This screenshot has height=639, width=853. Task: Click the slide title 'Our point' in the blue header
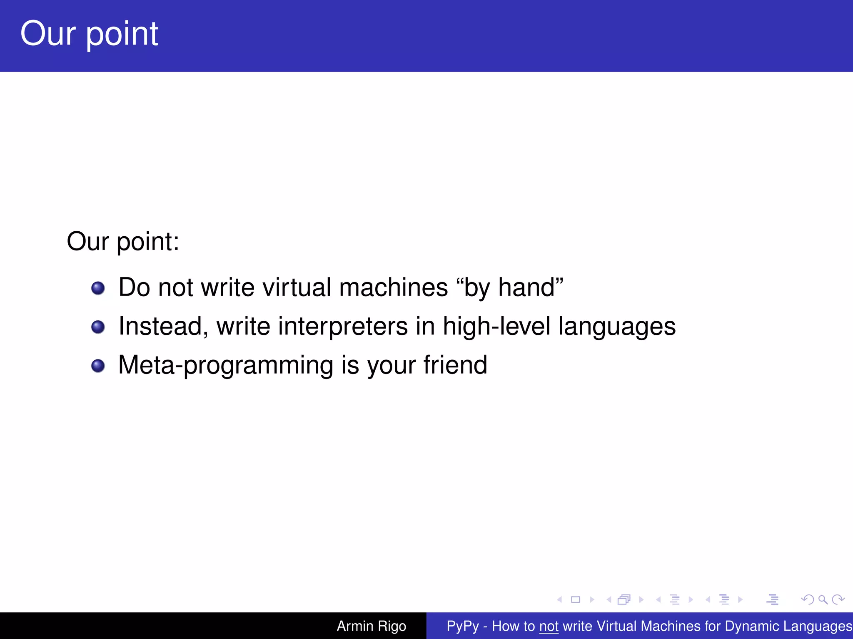(89, 34)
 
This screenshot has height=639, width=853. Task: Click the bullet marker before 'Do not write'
(98, 288)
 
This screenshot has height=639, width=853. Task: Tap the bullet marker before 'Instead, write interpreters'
(98, 327)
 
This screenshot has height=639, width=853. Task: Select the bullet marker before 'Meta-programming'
(98, 366)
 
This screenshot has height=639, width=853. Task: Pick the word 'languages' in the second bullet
(616, 327)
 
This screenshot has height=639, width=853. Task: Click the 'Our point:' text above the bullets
(123, 241)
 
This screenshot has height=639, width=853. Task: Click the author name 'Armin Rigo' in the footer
(371, 626)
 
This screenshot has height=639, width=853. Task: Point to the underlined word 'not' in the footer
(549, 626)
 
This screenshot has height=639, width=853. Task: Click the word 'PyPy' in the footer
(462, 626)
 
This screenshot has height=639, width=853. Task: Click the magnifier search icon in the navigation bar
(823, 599)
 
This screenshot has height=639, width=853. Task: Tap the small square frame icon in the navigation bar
(576, 599)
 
